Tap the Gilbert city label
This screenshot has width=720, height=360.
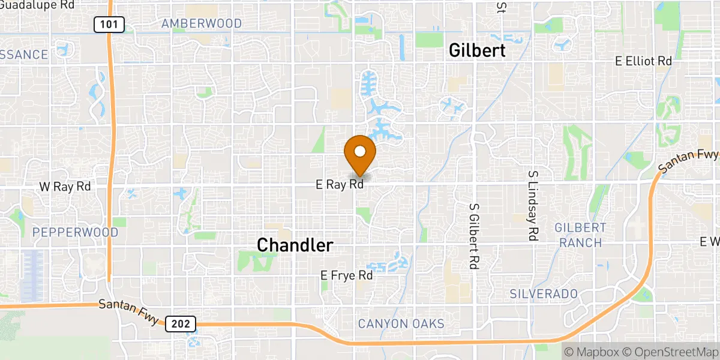coord(478,51)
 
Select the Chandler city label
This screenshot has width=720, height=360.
coord(295,245)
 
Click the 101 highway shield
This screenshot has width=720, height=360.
coord(109,24)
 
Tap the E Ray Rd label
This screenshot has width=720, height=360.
coord(340,185)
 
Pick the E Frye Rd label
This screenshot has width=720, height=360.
coord(347,275)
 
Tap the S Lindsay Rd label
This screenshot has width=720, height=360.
coord(532,205)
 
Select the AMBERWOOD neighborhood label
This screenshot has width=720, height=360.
coord(202,24)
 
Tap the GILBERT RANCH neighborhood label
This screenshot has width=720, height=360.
coord(580,235)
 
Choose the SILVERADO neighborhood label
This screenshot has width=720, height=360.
coord(544,293)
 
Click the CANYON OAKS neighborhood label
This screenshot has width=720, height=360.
coord(401,324)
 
